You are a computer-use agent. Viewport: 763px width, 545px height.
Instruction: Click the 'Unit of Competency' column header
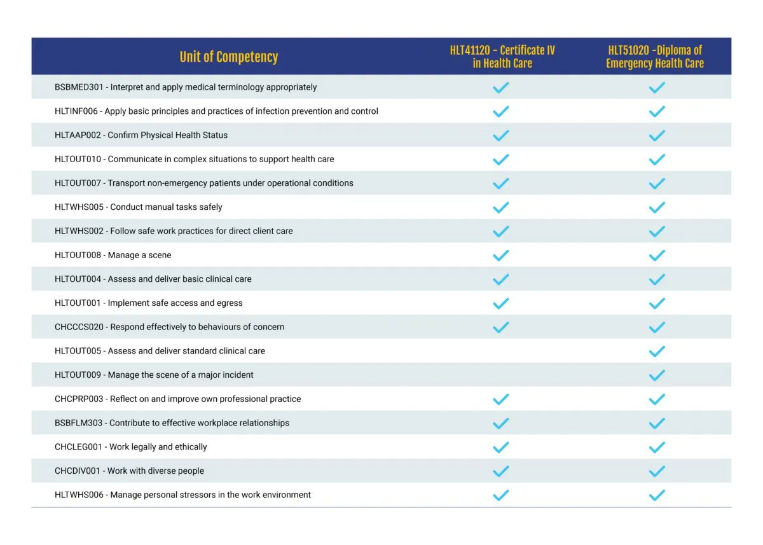(x=228, y=57)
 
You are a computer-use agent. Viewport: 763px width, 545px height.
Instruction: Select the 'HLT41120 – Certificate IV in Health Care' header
(x=502, y=57)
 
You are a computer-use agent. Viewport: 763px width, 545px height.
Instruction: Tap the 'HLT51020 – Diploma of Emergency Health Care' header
(x=655, y=57)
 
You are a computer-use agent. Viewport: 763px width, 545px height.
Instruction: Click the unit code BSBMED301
(x=79, y=87)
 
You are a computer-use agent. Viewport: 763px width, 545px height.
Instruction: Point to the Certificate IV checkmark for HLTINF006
(x=501, y=111)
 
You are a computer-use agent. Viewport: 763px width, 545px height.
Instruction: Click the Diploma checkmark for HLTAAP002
(x=657, y=135)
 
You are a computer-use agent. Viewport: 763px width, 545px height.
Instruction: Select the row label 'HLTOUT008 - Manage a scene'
(x=113, y=255)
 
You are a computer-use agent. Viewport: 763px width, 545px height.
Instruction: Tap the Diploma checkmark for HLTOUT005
(x=657, y=351)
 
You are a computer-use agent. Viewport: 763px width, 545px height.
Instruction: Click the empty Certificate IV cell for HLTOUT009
(x=501, y=375)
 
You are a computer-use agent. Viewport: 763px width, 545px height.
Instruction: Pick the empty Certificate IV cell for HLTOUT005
(x=501, y=351)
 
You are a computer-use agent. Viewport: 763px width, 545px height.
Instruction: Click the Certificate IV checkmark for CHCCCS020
(x=501, y=328)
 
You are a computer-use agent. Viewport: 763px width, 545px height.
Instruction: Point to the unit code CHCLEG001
(x=78, y=447)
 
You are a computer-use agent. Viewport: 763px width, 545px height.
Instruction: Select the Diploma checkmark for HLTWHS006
(x=657, y=495)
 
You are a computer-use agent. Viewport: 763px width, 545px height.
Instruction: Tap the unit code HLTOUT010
(x=78, y=159)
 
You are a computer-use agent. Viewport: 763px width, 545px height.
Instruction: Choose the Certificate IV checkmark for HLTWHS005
(x=501, y=207)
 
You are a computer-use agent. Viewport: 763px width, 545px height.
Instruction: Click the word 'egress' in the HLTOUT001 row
(x=231, y=304)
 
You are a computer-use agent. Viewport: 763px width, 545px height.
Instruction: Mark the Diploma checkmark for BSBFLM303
(x=657, y=424)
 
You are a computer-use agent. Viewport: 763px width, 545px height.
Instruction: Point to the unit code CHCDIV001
(x=78, y=471)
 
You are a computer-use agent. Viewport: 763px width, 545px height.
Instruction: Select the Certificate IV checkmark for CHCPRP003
(x=501, y=399)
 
